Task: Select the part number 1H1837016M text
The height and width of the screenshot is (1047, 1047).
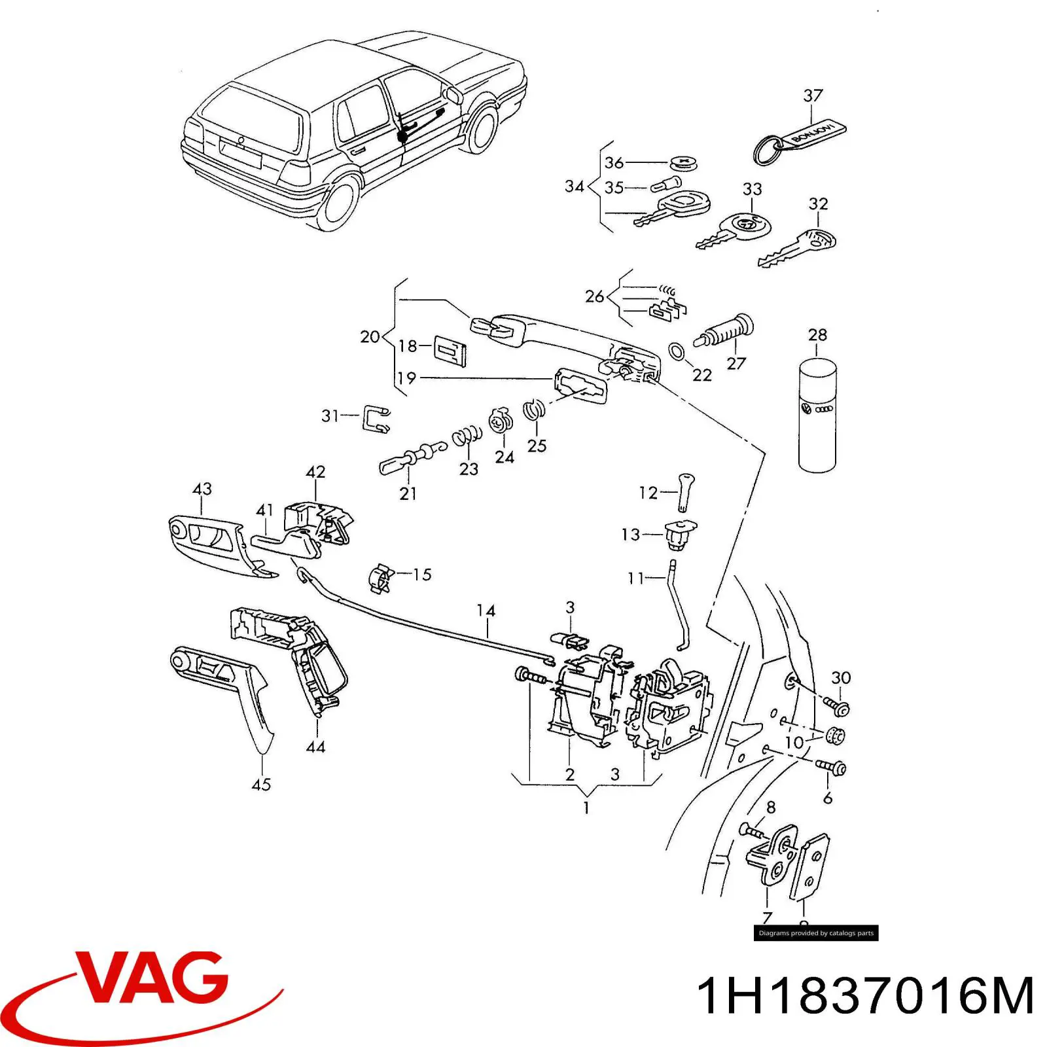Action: coord(865,995)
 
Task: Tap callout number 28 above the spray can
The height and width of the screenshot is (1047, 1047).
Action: coord(817,335)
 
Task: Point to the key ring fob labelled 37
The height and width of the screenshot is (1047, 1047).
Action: coord(802,139)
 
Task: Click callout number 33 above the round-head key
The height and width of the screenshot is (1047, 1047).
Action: coord(752,189)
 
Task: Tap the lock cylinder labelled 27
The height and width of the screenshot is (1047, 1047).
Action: coord(726,332)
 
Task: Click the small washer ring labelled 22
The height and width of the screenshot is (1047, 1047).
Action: coord(677,351)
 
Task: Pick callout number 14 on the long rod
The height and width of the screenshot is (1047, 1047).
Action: coord(486,611)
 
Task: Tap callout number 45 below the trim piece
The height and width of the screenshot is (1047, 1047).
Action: coord(261,784)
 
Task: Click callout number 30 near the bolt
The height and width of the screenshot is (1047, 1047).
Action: coord(841,678)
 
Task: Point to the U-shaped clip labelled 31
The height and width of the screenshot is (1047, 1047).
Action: coord(376,419)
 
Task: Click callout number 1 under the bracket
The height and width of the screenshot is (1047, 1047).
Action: coord(586,808)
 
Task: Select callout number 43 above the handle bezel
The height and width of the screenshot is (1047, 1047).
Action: coord(202,489)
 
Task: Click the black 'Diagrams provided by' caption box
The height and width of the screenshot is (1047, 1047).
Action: coord(815,933)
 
